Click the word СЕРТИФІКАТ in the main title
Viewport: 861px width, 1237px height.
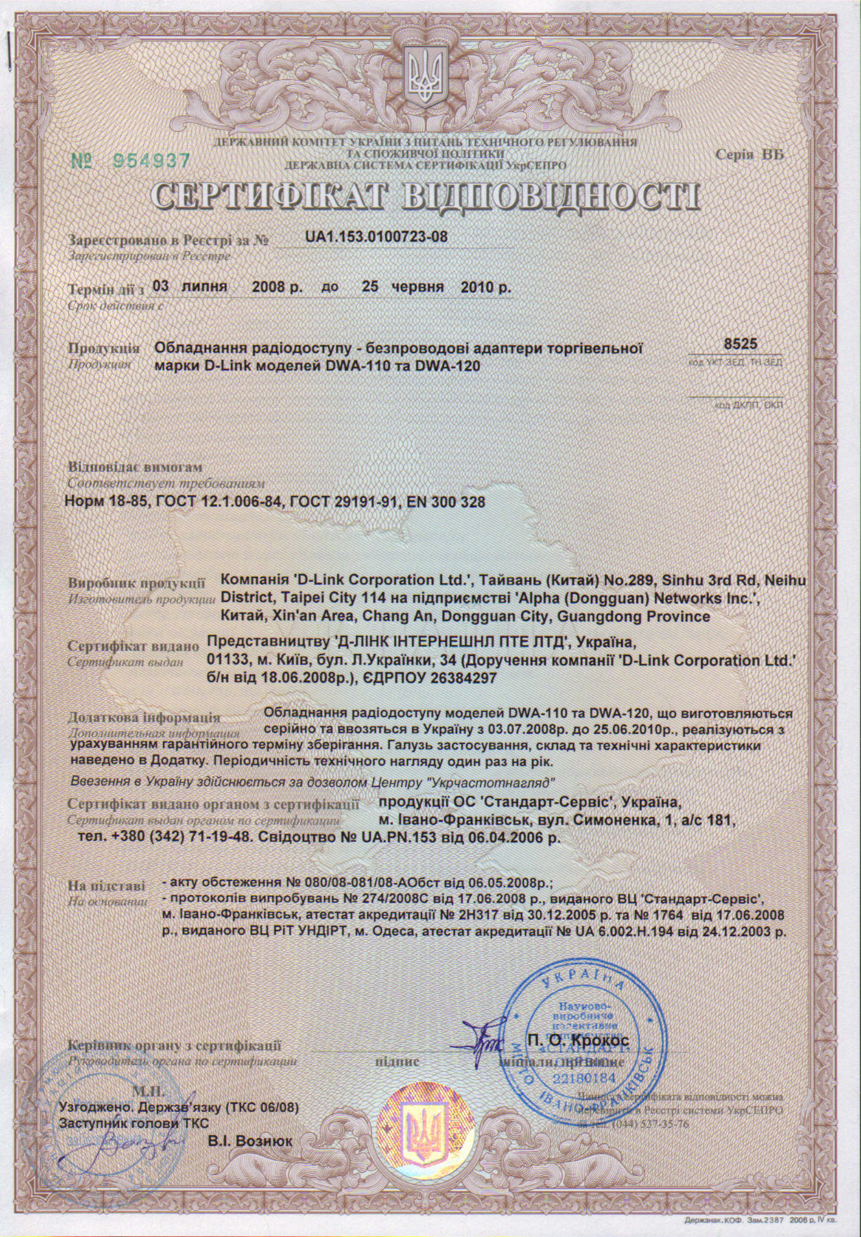[274, 196]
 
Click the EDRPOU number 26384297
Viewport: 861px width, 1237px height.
[458, 678]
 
